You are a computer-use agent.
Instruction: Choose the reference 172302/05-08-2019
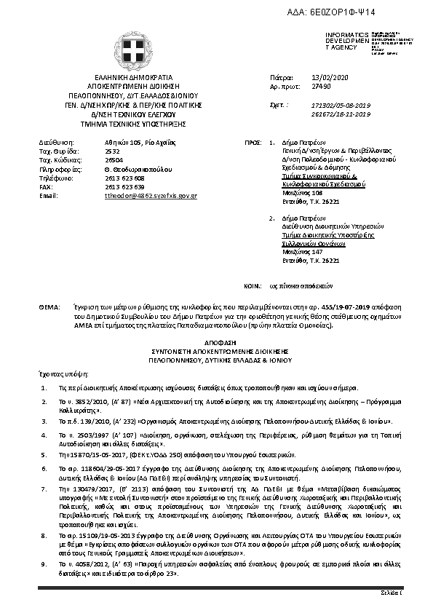coord(341,106)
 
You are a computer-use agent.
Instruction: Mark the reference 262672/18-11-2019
coord(341,114)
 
